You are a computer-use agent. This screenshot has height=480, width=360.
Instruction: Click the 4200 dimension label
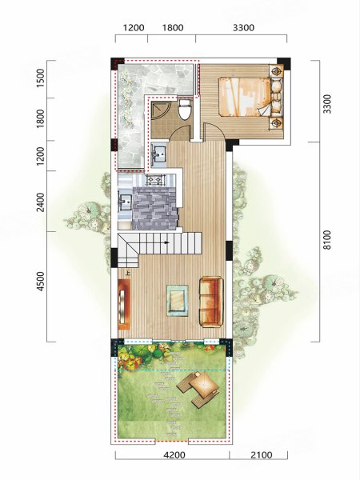click(174, 455)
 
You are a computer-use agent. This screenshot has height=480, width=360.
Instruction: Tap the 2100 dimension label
click(261, 455)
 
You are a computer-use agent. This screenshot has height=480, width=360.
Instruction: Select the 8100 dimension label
click(326, 240)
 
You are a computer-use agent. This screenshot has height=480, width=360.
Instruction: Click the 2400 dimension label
click(40, 202)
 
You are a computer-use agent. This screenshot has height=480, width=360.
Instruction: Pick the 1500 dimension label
click(40, 78)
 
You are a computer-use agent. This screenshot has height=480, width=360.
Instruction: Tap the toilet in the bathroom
click(185, 109)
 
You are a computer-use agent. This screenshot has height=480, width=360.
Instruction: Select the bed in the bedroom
click(246, 97)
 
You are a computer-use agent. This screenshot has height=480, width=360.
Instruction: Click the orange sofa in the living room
click(211, 302)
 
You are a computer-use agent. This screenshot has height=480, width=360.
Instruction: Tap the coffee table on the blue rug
click(178, 301)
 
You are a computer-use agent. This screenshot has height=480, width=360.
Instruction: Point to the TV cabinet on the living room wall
click(124, 304)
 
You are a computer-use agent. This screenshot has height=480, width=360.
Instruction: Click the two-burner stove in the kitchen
click(155, 180)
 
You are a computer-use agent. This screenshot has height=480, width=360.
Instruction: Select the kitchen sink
click(126, 201)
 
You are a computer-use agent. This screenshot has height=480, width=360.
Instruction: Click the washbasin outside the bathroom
click(159, 154)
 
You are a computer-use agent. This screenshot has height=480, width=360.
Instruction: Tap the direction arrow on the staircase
click(166, 242)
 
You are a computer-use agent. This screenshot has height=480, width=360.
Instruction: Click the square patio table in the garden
click(203, 383)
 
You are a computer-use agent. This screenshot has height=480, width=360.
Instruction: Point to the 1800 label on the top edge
click(172, 28)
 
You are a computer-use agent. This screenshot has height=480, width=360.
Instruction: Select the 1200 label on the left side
click(40, 155)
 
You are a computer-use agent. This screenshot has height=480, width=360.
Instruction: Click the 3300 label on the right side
click(326, 104)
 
